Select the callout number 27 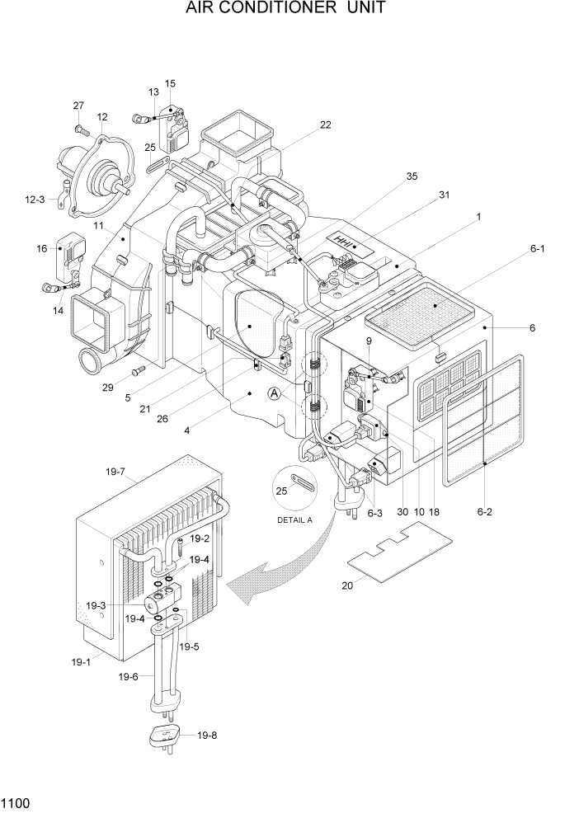pos(78,106)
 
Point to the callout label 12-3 pos(35,199)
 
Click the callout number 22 pos(325,125)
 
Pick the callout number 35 pos(412,176)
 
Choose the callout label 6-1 pos(539,247)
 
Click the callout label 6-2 pos(484,512)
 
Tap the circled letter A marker pos(274,394)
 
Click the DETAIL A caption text pos(296,519)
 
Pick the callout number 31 pos(444,195)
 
